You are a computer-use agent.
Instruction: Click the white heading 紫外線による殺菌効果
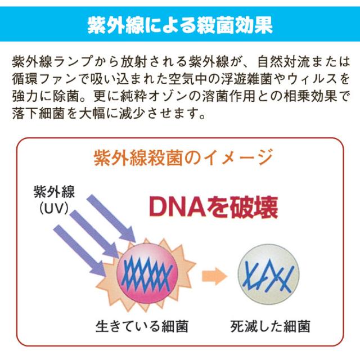tap(180, 25)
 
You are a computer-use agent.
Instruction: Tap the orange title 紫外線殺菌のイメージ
tap(183, 157)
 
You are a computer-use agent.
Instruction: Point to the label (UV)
tap(54, 208)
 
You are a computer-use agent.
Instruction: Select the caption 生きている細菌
tap(142, 326)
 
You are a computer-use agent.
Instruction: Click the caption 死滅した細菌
tap(270, 326)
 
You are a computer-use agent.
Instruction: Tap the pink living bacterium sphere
tap(147, 273)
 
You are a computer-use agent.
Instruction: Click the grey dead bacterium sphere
tap(268, 274)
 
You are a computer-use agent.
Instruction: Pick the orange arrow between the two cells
tap(214, 276)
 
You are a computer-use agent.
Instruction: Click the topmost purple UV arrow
tap(111, 218)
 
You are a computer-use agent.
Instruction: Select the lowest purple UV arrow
tap(80, 250)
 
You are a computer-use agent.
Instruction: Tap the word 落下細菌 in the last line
tap(38, 113)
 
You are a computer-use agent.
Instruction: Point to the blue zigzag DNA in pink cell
tap(147, 273)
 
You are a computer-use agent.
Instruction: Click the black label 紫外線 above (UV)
tap(54, 192)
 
